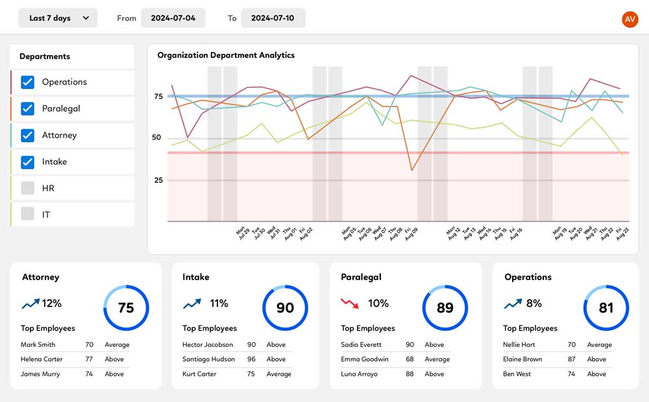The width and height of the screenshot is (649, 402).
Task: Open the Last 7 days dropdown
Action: coord(58,18)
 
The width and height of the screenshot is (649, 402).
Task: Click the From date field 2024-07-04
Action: coord(173,18)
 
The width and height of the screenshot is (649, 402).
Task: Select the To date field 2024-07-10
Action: coord(273,18)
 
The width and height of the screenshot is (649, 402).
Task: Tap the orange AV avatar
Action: coord(630,19)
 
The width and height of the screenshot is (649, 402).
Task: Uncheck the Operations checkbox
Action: coord(27,82)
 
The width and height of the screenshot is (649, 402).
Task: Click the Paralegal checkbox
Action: coord(27,108)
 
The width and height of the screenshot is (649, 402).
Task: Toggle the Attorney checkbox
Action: coord(27,135)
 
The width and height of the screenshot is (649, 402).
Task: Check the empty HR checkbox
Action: coord(27,188)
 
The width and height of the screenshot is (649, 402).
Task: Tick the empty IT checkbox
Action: coord(27,214)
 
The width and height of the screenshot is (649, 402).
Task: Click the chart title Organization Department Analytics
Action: coord(226,55)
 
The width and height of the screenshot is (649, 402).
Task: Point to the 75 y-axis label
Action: coord(158,97)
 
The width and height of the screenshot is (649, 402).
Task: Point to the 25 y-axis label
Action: coord(158,180)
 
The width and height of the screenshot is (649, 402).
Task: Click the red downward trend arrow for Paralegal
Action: coord(350,303)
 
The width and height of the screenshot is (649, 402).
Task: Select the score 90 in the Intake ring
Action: coord(285,308)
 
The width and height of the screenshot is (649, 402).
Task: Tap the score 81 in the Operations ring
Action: coord(606,308)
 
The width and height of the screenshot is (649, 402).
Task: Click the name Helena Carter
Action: coord(41,359)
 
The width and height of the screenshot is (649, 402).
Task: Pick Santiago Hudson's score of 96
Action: coord(251,359)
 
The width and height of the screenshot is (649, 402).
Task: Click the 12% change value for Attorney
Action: coord(51,303)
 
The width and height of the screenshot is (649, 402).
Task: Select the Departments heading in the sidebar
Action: coord(45,57)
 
